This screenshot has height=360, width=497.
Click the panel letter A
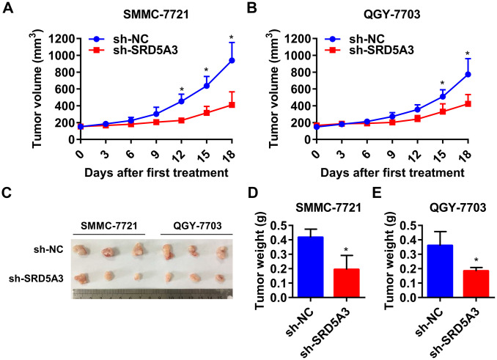[x=8, y=10]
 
